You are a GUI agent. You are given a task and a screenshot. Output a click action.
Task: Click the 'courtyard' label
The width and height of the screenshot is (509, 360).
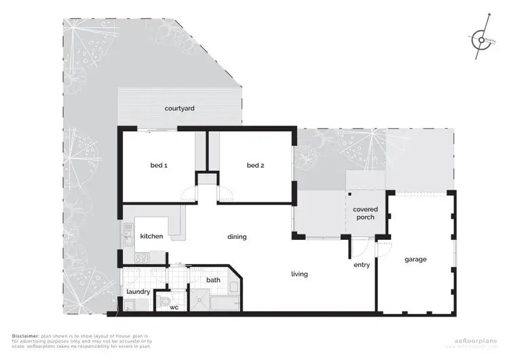tap(180, 108)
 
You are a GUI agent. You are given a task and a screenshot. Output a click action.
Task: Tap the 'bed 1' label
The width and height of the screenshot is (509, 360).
tap(159, 165)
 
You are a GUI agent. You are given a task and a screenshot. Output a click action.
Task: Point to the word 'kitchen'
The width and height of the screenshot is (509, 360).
tap(151, 236)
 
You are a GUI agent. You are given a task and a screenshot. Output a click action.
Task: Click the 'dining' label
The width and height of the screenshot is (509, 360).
tap(237, 237)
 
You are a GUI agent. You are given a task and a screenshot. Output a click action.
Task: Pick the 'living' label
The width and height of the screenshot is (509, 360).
tap(299, 274)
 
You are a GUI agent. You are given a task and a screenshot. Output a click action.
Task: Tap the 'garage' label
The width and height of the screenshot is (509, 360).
tap(415, 259)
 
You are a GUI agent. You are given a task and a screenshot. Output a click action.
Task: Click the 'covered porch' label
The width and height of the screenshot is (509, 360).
tap(365, 214)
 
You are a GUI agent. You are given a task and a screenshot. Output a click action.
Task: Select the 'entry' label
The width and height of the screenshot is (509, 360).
tap(362, 265)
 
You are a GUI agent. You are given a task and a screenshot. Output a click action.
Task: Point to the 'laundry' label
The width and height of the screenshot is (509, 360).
tap(138, 292)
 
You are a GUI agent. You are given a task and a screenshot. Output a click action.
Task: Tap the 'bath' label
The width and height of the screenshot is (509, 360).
tap(213, 280)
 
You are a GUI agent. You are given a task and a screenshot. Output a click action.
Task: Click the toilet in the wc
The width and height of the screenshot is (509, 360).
tap(165, 300)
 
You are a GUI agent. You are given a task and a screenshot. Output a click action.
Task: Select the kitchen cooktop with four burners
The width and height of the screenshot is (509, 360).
tap(141, 258)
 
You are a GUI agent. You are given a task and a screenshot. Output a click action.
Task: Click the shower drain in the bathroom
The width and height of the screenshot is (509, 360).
tap(200, 296)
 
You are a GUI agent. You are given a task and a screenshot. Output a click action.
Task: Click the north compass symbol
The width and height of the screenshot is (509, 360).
tap(480, 40)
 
